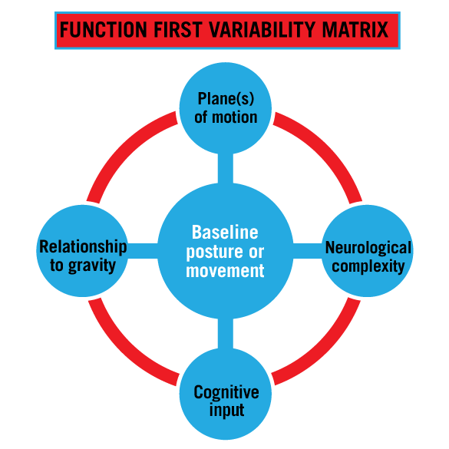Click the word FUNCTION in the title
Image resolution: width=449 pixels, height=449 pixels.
[104, 29]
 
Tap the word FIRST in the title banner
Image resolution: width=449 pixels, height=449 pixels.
[178, 29]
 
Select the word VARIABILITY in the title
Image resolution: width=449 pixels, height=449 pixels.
[262, 29]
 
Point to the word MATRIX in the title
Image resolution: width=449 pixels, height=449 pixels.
[355, 29]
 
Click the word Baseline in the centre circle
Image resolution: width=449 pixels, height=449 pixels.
[225, 232]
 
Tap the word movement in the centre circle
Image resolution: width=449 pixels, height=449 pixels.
[225, 271]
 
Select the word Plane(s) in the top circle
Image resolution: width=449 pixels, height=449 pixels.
[226, 99]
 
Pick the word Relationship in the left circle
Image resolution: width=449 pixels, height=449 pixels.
[83, 247]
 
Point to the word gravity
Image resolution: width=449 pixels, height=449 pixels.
[92, 266]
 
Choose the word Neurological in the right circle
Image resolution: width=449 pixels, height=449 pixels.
[368, 248]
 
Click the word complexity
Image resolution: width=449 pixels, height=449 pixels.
[368, 267]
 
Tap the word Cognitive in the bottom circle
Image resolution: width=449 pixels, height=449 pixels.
[226, 392]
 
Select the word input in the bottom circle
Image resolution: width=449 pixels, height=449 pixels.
[226, 411]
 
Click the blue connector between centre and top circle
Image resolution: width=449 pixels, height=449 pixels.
[226, 168]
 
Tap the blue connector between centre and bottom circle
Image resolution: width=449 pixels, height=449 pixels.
[226, 334]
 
